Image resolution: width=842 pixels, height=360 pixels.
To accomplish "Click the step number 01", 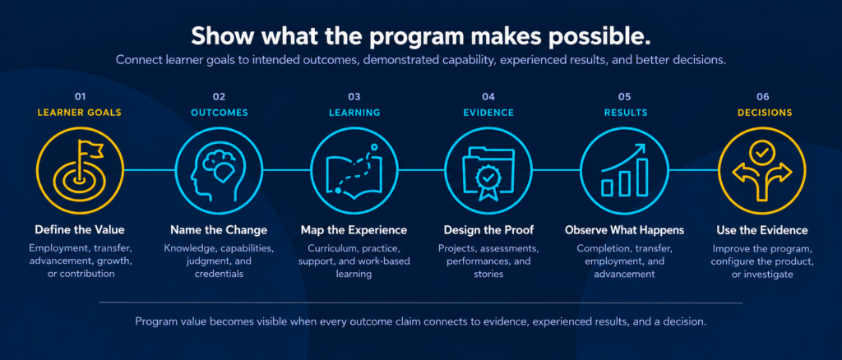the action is point(80,97).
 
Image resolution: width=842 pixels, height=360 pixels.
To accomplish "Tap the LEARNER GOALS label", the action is point(80,113).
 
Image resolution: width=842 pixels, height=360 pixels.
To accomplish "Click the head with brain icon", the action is point(217,170).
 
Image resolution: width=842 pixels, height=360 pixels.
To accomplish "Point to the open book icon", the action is point(354,170).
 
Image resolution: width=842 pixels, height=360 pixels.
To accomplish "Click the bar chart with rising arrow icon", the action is point(625,170).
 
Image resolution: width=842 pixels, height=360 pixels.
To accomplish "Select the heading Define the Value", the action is point(80,230).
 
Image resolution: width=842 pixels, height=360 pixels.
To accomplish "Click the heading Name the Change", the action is point(219,230).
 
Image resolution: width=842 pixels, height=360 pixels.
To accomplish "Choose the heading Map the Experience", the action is point(354,230).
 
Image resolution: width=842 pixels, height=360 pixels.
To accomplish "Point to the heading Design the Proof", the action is point(488,230).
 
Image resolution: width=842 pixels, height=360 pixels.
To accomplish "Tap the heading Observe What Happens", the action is point(625,230).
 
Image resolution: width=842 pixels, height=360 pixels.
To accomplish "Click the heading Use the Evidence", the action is point(762,230).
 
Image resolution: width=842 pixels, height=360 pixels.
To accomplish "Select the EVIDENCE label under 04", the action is point(488,113).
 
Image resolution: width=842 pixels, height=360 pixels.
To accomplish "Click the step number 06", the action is point(762,97).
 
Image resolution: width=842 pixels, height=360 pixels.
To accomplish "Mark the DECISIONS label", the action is point(765,113).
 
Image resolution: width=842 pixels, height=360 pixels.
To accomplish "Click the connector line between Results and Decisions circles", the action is point(693,170).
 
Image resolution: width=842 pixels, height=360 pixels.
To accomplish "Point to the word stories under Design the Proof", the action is point(488,275).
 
